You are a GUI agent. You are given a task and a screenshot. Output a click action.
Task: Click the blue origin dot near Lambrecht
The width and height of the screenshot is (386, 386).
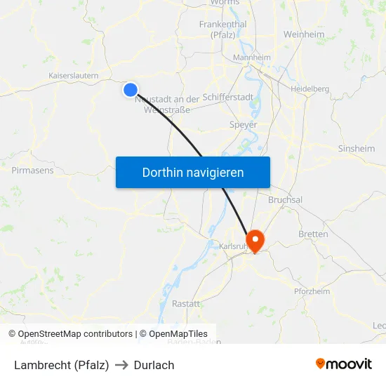click(131, 89)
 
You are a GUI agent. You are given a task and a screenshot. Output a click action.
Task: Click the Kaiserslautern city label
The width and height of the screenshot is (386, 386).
click(73, 75)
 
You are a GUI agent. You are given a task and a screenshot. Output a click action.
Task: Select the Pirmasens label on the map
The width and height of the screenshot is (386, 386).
click(32, 170)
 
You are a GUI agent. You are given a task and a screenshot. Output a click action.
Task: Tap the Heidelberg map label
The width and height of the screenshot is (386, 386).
click(310, 88)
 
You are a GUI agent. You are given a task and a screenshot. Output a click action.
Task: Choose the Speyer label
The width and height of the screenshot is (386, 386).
click(244, 124)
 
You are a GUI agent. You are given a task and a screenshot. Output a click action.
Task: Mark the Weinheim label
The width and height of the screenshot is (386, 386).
click(304, 34)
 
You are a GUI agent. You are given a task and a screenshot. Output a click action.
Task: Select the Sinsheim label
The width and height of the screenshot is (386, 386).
click(357, 149)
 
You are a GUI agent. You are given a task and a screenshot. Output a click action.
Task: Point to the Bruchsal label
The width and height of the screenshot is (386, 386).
click(285, 200)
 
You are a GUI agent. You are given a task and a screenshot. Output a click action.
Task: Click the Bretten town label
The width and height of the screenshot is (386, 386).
click(313, 234)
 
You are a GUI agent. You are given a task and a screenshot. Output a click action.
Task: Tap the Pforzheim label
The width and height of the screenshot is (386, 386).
click(312, 291)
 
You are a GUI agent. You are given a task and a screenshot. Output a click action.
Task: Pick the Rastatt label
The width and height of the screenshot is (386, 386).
click(186, 303)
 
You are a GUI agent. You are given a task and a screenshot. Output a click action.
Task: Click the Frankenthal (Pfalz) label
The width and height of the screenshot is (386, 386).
click(222, 29)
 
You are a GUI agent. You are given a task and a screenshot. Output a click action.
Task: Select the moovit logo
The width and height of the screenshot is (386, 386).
click(344, 364)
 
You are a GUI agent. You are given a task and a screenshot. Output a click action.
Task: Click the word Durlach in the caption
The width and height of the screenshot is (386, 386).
click(154, 365)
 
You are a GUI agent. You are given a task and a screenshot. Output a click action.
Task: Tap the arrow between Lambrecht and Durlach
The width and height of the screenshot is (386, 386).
click(121, 365)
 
